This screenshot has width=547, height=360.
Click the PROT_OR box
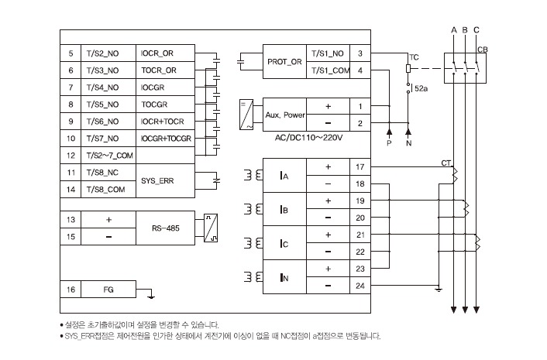[284, 62]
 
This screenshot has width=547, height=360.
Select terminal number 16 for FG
[71, 290]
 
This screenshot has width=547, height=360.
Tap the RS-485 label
[165, 228]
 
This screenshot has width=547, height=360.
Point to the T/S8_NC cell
[108, 173]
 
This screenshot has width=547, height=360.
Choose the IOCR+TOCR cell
[165, 122]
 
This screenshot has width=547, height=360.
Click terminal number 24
[360, 286]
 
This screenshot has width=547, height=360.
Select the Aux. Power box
[284, 115]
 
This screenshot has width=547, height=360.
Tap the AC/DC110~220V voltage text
[308, 138]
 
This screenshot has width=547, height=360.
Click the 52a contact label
[421, 89]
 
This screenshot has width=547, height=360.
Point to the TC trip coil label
[414, 57]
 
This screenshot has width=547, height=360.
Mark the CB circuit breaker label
[483, 50]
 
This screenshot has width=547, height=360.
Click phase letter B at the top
[465, 30]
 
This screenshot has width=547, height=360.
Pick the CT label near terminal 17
[446, 163]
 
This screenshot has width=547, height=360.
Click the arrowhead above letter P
[389, 132]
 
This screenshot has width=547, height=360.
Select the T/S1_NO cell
[328, 53]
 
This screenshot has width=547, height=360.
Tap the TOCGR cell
[165, 105]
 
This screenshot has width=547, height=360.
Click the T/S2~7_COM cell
[108, 156]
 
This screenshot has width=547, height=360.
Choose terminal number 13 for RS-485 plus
[71, 220]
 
